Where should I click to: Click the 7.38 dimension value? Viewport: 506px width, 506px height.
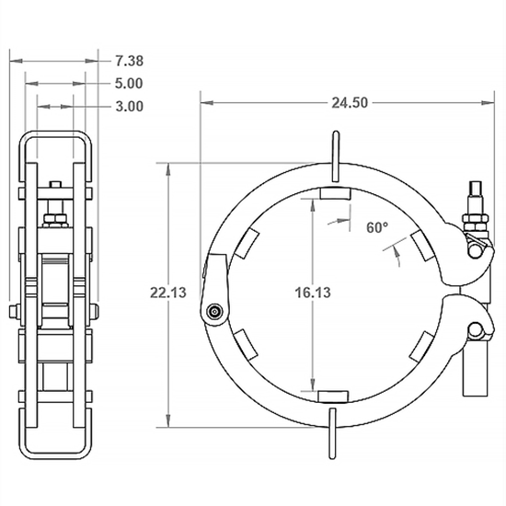[x=129, y=61]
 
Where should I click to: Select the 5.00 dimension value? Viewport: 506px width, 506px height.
[x=129, y=83]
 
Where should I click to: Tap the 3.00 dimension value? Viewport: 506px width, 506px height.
[x=129, y=106]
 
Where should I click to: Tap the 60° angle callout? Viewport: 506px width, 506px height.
[x=377, y=226]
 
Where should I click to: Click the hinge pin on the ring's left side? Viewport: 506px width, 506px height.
[x=214, y=312]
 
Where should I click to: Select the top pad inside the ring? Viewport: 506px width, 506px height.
[x=334, y=193]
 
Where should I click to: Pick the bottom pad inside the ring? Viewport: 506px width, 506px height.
[x=334, y=396]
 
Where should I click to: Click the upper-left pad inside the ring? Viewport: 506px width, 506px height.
[x=247, y=245]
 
